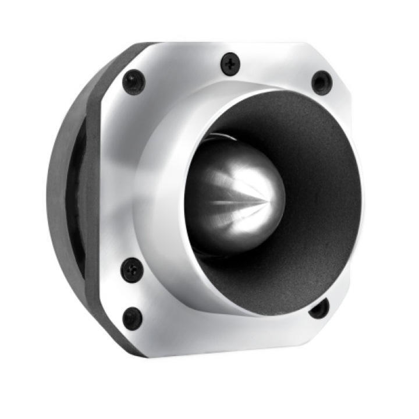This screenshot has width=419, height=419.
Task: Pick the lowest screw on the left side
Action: click(x=132, y=318)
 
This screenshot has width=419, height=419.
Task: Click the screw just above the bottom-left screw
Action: click(x=132, y=270)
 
